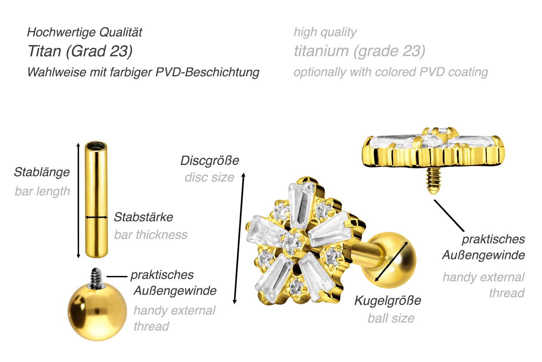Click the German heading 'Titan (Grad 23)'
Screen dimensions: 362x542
click(80, 51)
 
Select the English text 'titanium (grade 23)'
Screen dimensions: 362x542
click(359, 51)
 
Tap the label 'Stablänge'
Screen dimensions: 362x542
click(42, 172)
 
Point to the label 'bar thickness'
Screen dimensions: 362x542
click(151, 235)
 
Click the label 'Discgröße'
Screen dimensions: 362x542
click(210, 161)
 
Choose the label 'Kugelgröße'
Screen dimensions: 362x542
click(387, 300)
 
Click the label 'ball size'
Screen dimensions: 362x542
click(391, 318)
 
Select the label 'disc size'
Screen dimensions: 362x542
click(209, 177)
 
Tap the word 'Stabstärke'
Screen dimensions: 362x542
click(143, 217)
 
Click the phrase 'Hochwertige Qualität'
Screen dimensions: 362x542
click(85, 32)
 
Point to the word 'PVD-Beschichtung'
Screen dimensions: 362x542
click(207, 72)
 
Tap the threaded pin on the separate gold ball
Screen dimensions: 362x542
click(96, 278)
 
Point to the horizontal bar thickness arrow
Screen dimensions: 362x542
click(96, 217)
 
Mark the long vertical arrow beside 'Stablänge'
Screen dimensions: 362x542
click(78, 200)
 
